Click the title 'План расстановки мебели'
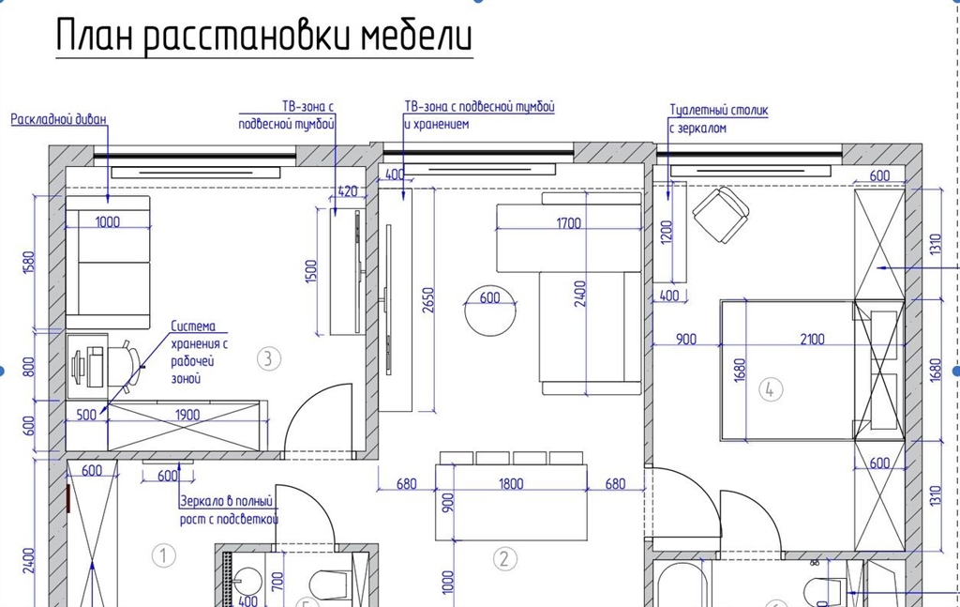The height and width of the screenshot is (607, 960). coord(263,36)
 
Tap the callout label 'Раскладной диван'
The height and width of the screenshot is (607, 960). coord(59,119)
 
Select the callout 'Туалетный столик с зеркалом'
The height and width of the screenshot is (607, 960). coord(718,119)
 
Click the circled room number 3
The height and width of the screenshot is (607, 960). coord(268,358)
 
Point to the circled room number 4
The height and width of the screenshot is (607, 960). coord(771,389)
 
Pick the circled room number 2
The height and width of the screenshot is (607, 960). coord(504,558)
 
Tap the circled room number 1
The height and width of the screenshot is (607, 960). coord(163,556)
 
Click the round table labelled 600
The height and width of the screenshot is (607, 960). coord(489,311)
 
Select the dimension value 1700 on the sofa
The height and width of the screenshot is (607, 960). coord(568,223)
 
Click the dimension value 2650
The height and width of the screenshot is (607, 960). coord(427,300)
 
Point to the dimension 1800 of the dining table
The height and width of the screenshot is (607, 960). coord(511,484)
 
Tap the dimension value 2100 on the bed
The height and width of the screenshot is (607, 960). coord(812,339)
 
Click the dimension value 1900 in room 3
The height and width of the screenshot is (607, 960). coord(187,415)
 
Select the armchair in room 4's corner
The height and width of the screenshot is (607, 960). coord(721,215)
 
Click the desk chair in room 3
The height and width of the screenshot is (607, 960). coord(126,366)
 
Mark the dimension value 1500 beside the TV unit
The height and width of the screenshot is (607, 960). coord(311,271)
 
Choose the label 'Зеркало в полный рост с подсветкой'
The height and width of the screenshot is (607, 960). coord(229,510)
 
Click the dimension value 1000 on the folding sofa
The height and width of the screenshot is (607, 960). coord(108,221)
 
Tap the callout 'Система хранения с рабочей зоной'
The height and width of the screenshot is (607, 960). coord(200,352)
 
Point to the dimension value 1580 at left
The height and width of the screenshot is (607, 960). coord(29,263)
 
